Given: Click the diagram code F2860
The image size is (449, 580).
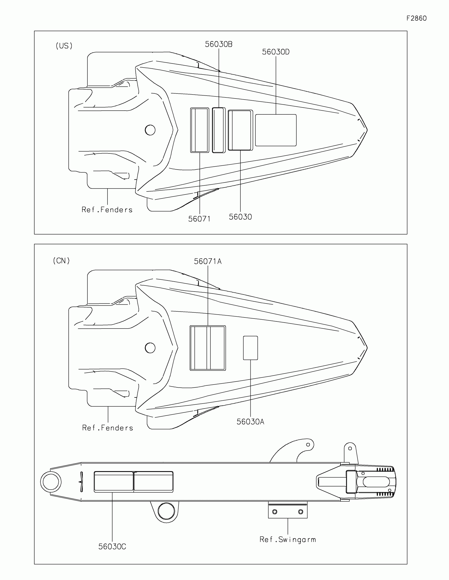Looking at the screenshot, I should [416, 18].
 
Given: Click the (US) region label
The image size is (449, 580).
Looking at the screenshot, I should [64, 46].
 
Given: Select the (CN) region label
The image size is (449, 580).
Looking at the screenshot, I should [61, 261].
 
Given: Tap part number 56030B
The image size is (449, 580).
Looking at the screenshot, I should [218, 44].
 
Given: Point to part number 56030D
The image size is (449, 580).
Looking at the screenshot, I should [276, 52].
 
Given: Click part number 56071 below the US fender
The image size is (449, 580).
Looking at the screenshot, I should [199, 219].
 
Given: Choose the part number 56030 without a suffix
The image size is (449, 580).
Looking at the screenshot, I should [240, 217].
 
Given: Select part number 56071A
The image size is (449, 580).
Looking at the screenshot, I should [208, 261].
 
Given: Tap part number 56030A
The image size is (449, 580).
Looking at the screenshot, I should [250, 422].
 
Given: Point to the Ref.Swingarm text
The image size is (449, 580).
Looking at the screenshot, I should [288, 540].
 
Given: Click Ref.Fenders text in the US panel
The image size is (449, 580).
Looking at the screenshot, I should [107, 210].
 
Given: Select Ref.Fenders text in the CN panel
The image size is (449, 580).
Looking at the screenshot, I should [107, 428].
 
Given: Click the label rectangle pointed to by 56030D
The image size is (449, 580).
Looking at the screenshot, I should [276, 130].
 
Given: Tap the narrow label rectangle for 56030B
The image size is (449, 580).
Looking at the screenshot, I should [218, 130].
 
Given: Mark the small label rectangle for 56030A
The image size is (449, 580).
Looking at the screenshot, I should [250, 348].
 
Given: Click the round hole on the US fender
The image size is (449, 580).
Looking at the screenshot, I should [150, 130].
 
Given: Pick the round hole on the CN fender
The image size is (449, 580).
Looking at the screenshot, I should [150, 348].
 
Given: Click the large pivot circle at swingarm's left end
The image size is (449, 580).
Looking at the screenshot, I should [51, 482].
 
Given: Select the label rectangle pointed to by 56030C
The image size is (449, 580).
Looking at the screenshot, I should [114, 482].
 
